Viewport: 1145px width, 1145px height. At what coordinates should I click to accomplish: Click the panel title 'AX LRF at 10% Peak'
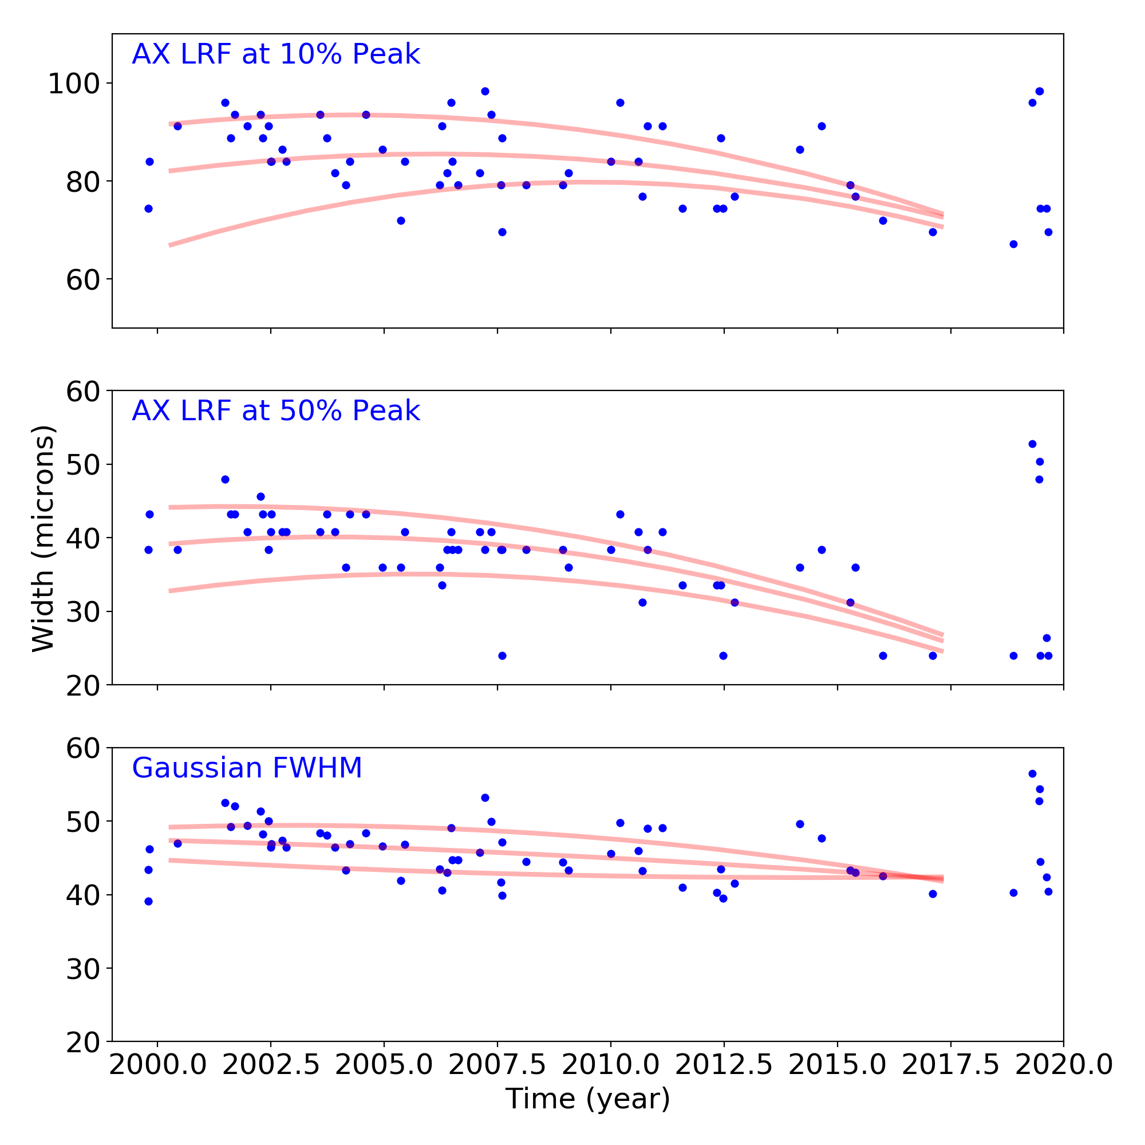tap(275, 54)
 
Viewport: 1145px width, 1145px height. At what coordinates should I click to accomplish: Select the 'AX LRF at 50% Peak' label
tap(275, 410)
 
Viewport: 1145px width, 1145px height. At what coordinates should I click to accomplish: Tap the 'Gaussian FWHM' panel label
tap(247, 768)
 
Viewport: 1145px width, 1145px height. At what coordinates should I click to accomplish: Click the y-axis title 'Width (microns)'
tap(44, 538)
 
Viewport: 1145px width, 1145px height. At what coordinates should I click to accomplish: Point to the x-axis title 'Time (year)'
tap(587, 1098)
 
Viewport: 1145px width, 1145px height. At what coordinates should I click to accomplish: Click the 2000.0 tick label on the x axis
tap(157, 1064)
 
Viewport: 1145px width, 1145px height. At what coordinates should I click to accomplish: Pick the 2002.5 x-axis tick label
tap(271, 1064)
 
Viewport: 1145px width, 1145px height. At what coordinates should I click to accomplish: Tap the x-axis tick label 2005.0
tap(384, 1064)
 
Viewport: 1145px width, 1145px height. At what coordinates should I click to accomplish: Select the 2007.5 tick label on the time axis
tap(498, 1064)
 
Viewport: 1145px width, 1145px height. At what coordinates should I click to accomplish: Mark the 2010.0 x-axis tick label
tap(611, 1064)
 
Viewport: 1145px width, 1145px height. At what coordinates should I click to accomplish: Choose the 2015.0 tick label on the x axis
tap(838, 1064)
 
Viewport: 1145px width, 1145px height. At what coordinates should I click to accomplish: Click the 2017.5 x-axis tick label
tap(950, 1064)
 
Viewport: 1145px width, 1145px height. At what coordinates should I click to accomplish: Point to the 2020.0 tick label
tap(1064, 1064)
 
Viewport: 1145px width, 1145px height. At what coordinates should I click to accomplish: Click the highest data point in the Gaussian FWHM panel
tap(1032, 773)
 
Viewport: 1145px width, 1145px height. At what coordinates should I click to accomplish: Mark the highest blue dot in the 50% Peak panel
tap(1032, 444)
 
